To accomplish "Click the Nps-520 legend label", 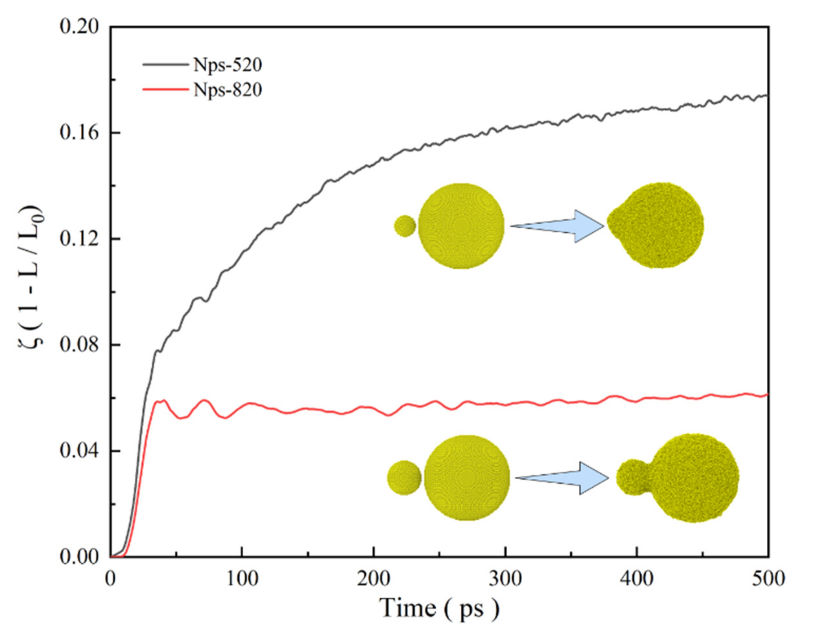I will [228, 65].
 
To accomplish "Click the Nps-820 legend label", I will [228, 90].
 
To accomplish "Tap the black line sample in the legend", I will [165, 65].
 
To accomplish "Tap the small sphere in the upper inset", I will [405, 226].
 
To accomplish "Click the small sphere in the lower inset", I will [404, 478].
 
